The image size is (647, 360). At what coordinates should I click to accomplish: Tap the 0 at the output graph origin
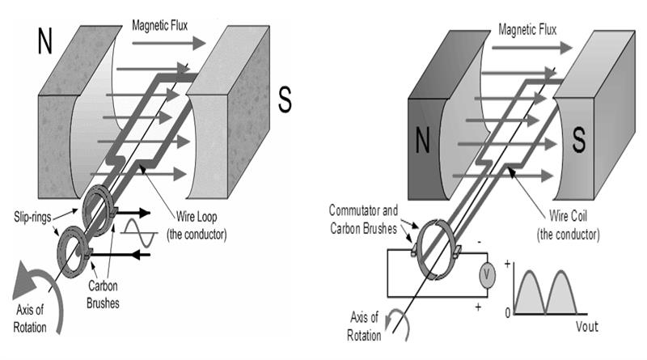(508, 312)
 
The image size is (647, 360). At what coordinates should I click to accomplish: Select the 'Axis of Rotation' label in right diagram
(366, 328)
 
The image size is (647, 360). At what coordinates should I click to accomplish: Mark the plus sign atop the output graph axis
(509, 262)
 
